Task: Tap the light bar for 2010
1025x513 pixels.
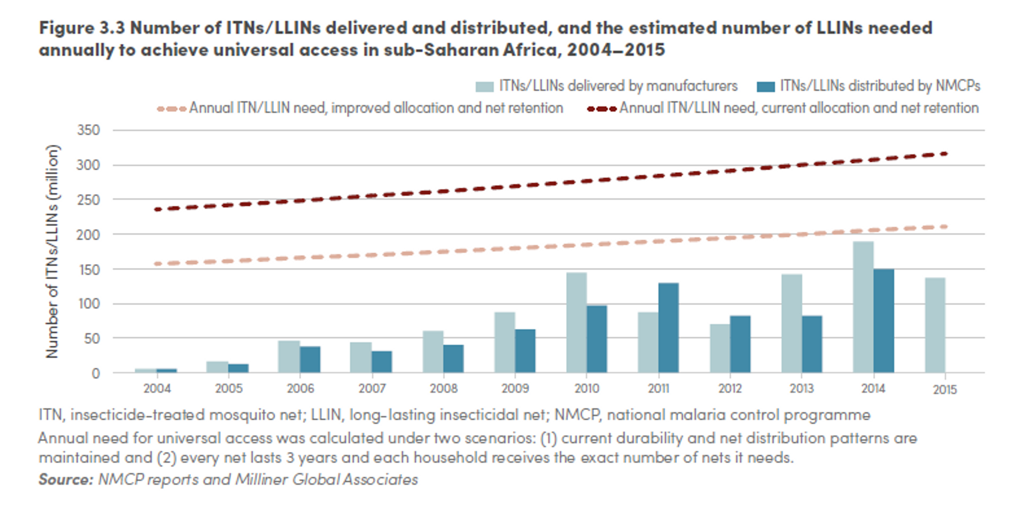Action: pyautogui.click(x=576, y=322)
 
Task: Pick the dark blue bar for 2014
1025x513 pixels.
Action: pyautogui.click(x=884, y=321)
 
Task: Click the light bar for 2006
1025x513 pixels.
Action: pyautogui.click(x=289, y=356)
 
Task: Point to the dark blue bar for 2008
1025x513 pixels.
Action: pyautogui.click(x=454, y=358)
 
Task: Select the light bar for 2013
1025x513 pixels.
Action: pyautogui.click(x=791, y=323)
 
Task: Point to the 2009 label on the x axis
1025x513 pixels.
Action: pyautogui.click(x=515, y=388)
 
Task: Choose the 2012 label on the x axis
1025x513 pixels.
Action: pyautogui.click(x=730, y=388)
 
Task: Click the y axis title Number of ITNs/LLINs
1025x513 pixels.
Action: pyautogui.click(x=52, y=251)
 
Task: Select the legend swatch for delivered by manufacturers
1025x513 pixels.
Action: pyautogui.click(x=484, y=86)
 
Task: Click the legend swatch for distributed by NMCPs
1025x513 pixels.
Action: pyautogui.click(x=766, y=86)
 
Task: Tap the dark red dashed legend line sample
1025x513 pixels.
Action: pyautogui.click(x=602, y=109)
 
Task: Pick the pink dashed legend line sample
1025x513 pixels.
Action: pyautogui.click(x=171, y=109)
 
